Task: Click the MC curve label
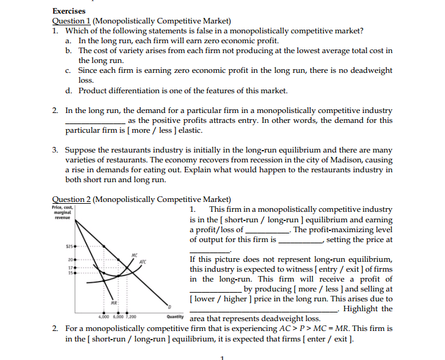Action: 134,255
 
